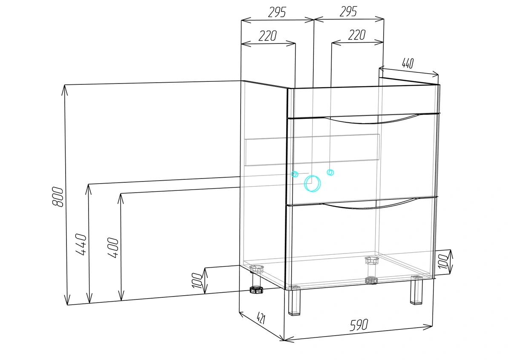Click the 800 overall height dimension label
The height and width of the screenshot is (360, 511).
57,197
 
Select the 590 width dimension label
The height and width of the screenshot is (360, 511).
359,325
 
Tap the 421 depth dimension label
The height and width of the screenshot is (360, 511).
261,318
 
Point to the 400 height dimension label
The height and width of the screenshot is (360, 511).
113,248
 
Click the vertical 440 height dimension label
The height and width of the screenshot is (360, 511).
81,244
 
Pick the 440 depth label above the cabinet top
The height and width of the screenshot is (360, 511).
408,63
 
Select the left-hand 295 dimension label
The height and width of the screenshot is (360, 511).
277,12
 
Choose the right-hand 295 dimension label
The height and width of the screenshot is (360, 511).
348,12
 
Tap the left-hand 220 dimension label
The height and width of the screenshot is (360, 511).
267,36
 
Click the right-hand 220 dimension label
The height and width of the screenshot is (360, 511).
357,35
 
